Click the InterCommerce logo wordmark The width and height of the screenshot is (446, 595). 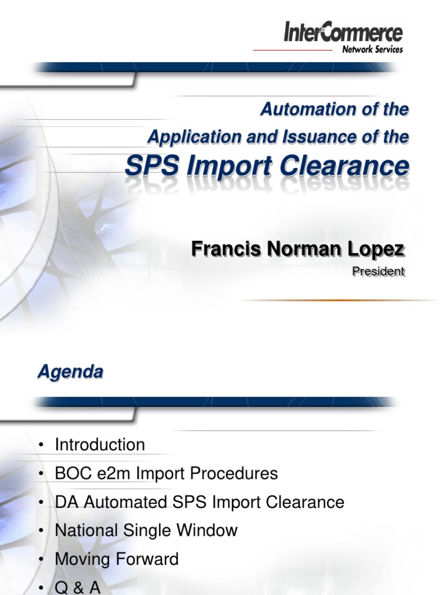point(343,32)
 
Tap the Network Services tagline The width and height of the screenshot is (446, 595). point(372,50)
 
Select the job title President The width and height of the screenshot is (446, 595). point(378,271)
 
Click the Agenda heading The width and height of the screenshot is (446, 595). point(70,372)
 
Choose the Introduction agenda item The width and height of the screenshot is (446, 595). point(100,445)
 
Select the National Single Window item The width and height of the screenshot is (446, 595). point(146,531)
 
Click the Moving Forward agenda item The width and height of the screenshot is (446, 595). point(117,560)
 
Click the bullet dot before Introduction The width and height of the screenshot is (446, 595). point(41,446)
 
